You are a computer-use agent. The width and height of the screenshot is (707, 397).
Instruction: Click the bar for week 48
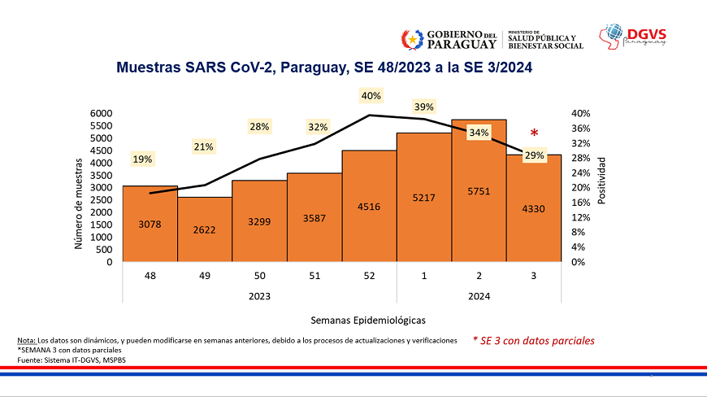tap(150, 224)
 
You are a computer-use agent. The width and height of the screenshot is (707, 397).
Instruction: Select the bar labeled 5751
tap(479, 191)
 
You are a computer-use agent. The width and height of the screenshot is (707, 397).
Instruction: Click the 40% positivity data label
tap(371, 96)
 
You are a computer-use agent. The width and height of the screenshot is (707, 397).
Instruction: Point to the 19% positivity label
tap(142, 159)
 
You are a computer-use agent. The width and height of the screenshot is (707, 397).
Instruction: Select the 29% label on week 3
tap(534, 155)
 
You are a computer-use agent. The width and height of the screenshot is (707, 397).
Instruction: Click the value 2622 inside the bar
tap(204, 230)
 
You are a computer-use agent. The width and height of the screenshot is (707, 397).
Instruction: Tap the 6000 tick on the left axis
tap(102, 113)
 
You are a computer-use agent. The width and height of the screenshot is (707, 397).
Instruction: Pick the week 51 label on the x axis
tap(314, 277)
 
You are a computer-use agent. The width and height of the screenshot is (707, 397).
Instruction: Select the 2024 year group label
tap(479, 296)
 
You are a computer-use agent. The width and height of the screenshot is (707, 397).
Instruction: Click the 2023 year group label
tap(259, 296)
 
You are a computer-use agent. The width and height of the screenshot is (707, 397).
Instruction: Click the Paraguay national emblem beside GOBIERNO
tap(412, 38)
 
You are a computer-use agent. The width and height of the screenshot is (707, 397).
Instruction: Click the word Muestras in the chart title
tap(146, 69)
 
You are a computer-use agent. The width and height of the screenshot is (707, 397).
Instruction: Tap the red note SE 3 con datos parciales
tap(535, 341)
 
